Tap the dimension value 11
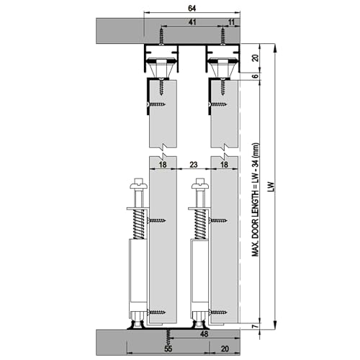230,22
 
